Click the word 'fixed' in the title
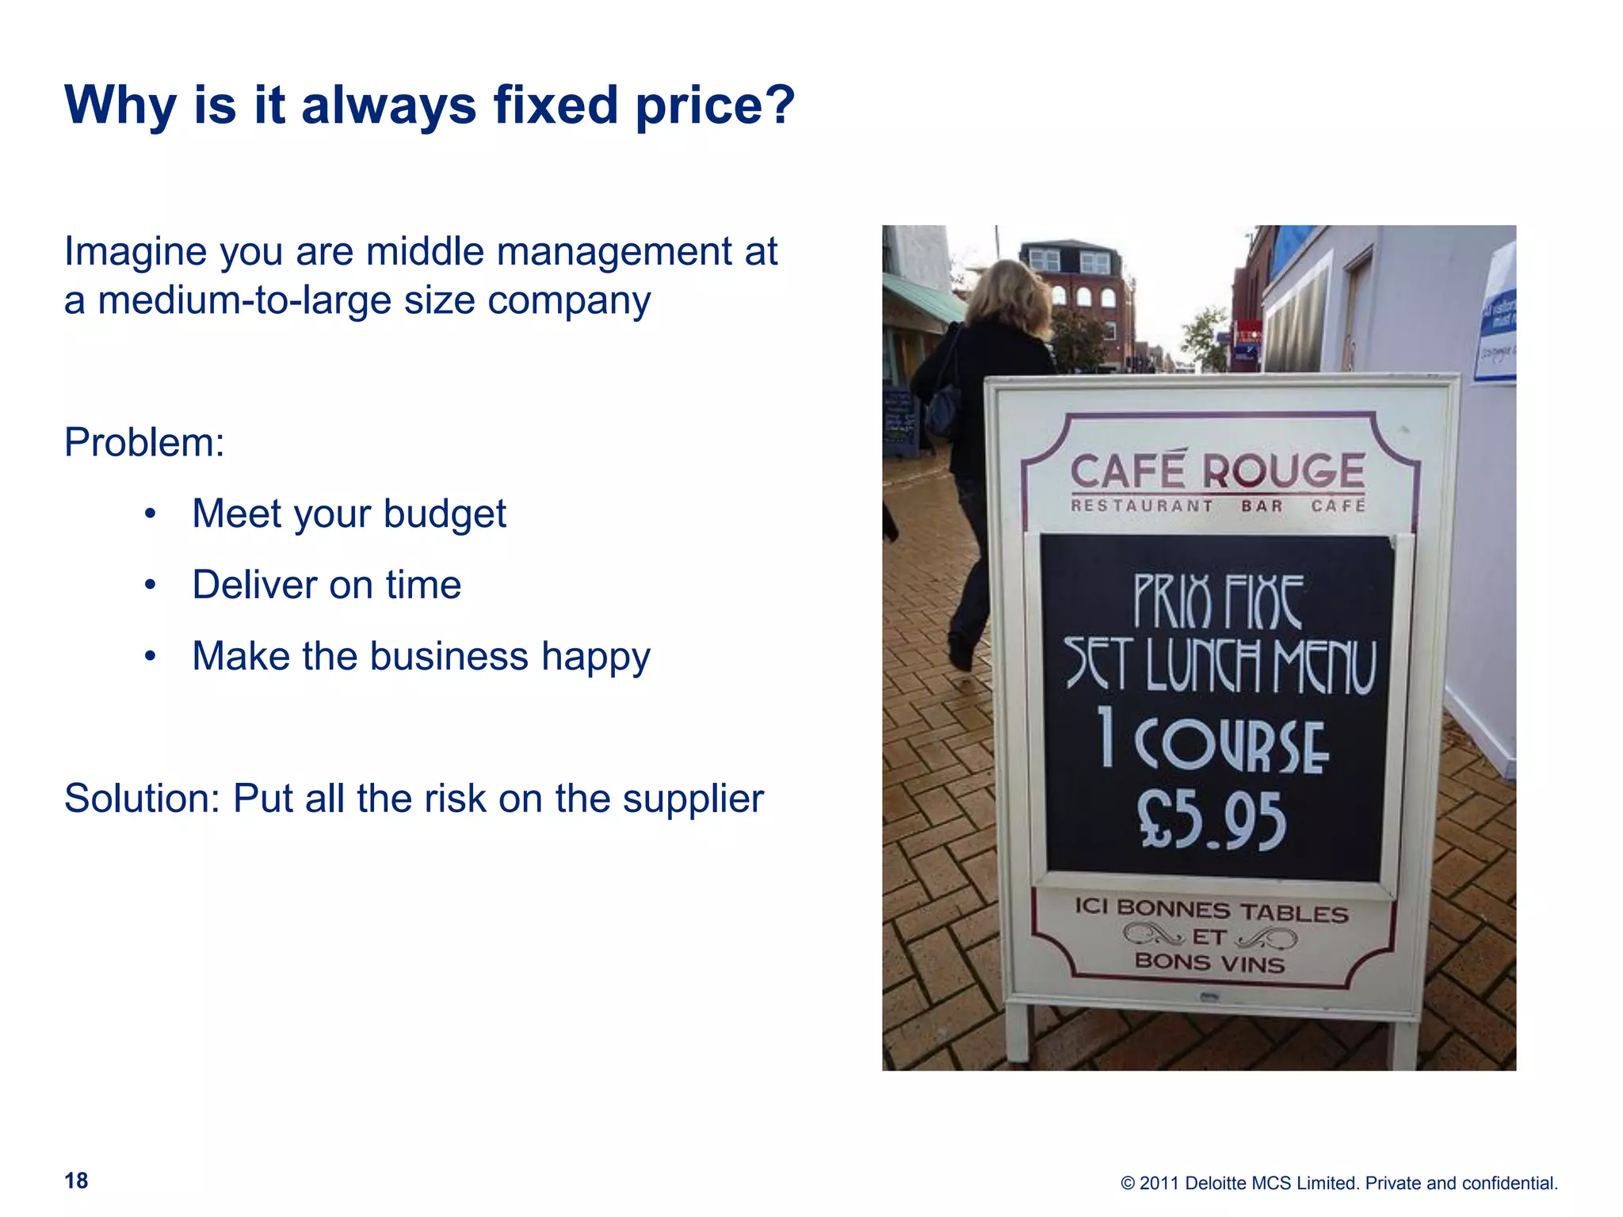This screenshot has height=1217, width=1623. click(x=555, y=105)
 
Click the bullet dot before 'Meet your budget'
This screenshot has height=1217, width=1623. click(x=151, y=514)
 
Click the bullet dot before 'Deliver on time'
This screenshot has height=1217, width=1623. click(x=151, y=586)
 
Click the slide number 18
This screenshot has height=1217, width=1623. click(x=76, y=1181)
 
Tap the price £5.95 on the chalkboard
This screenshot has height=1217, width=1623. click(x=1212, y=821)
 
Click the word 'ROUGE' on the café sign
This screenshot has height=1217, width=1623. click(x=1284, y=471)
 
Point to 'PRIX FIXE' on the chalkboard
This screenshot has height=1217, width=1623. click(x=1218, y=601)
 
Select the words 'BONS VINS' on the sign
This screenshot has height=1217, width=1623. click(x=1209, y=963)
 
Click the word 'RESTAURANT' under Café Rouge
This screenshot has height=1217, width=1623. click(x=1141, y=505)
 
